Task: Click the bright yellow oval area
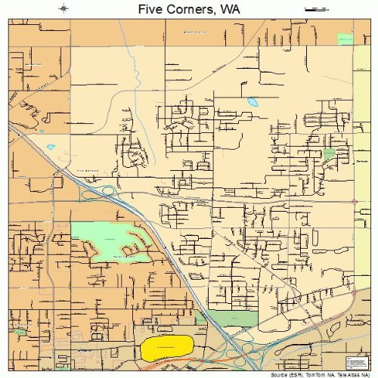166,349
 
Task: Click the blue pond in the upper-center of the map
252,101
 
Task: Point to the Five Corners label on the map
89,171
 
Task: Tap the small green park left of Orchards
329,156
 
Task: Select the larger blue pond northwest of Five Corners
51,147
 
